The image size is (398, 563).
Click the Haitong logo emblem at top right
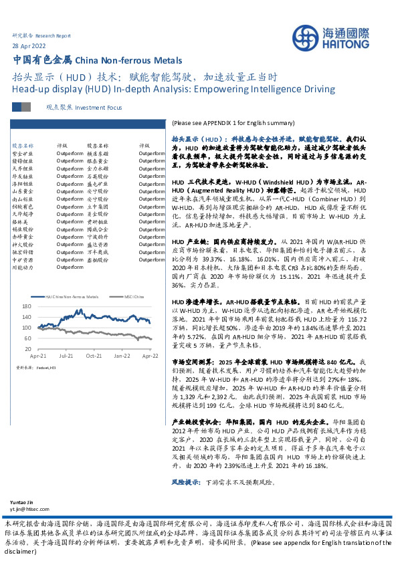pos(312,37)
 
